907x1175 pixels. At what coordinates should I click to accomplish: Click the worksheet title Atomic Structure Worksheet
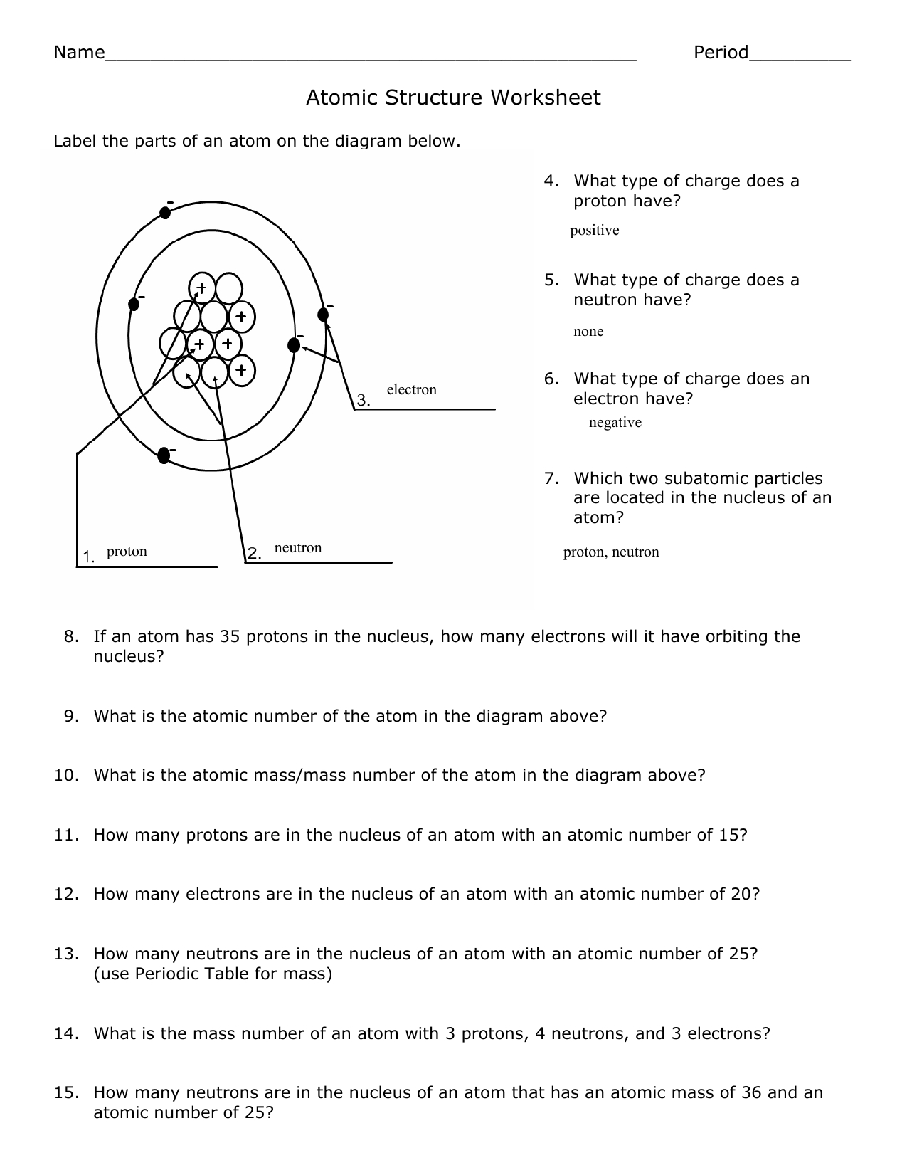click(x=453, y=98)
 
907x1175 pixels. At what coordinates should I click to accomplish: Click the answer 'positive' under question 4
click(x=595, y=231)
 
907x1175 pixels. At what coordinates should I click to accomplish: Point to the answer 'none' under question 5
click(x=588, y=332)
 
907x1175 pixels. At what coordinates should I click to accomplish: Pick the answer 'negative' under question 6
click(x=615, y=423)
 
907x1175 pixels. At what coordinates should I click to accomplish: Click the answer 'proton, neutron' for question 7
click(x=611, y=552)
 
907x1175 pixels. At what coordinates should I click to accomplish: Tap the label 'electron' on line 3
click(x=411, y=390)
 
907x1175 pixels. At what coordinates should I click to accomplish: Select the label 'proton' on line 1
click(x=127, y=552)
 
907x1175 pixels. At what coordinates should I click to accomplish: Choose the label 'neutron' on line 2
click(x=298, y=548)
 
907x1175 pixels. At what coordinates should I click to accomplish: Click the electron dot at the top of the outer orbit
click(x=165, y=211)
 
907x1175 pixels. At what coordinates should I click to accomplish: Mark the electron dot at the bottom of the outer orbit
click(x=164, y=454)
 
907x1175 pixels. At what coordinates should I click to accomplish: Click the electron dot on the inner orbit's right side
click(x=293, y=345)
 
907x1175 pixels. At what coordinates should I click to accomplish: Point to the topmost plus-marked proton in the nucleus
click(x=201, y=288)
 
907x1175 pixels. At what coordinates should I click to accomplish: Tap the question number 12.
click(x=65, y=894)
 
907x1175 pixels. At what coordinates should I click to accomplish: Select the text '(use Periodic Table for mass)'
click(x=213, y=974)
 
